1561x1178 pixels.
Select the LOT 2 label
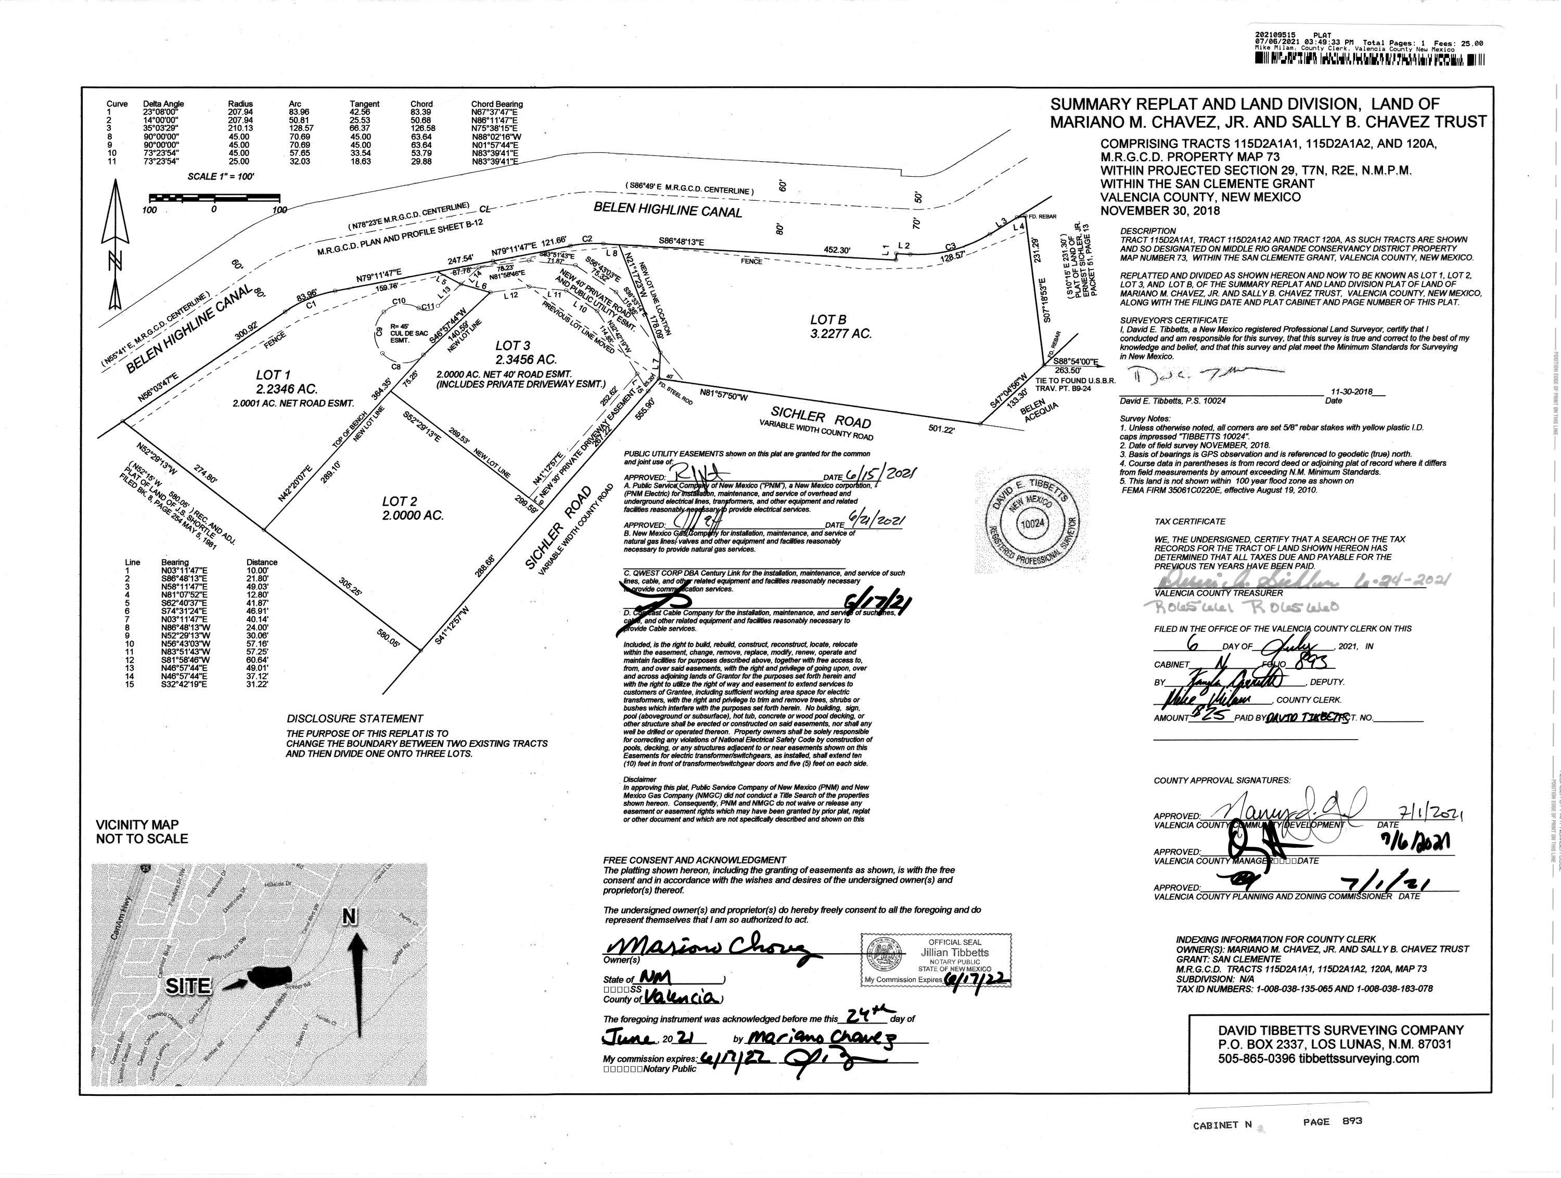pyautogui.click(x=400, y=501)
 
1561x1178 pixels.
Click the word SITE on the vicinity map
pyautogui.click(x=189, y=986)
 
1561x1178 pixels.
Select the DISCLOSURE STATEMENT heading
pyautogui.click(x=354, y=719)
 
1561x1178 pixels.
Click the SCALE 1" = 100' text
pyautogui.click(x=221, y=176)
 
